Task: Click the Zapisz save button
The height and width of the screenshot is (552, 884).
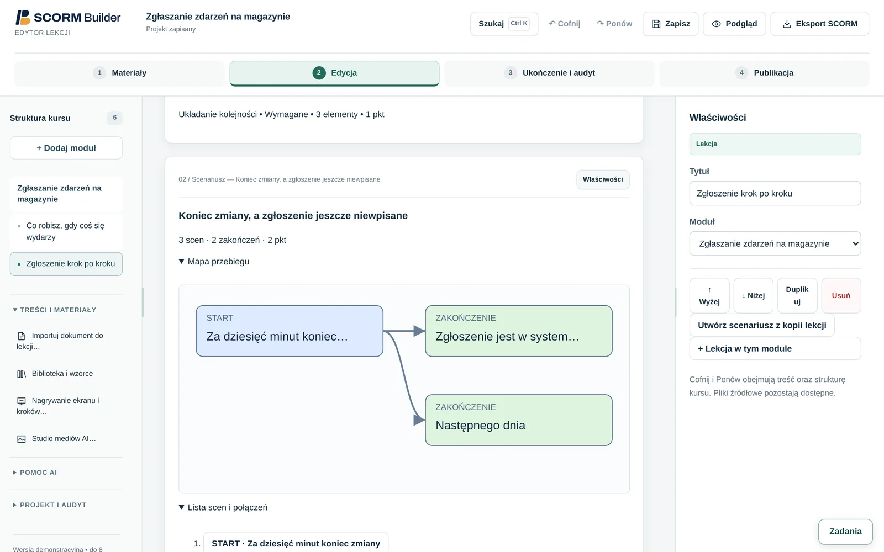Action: [670, 24]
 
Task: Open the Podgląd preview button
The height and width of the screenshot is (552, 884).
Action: [734, 24]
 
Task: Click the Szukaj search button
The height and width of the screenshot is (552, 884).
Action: [504, 24]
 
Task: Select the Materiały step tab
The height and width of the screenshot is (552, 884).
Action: [119, 73]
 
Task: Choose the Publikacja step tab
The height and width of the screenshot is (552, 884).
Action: [764, 73]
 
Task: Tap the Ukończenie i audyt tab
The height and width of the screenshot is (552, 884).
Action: [549, 73]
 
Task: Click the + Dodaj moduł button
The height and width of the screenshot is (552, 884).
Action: [66, 148]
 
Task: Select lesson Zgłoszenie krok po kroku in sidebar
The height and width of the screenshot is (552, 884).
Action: [66, 264]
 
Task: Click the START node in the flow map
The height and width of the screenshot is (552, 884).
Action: [290, 331]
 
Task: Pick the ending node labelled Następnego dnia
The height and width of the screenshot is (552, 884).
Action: [519, 420]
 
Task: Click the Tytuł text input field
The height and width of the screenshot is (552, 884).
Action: [775, 193]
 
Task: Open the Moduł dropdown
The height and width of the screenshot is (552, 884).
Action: [775, 243]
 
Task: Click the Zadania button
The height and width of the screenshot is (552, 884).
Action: [845, 532]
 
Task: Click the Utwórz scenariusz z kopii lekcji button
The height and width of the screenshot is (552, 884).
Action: [762, 325]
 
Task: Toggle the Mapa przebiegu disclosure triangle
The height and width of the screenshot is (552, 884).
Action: [182, 262]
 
